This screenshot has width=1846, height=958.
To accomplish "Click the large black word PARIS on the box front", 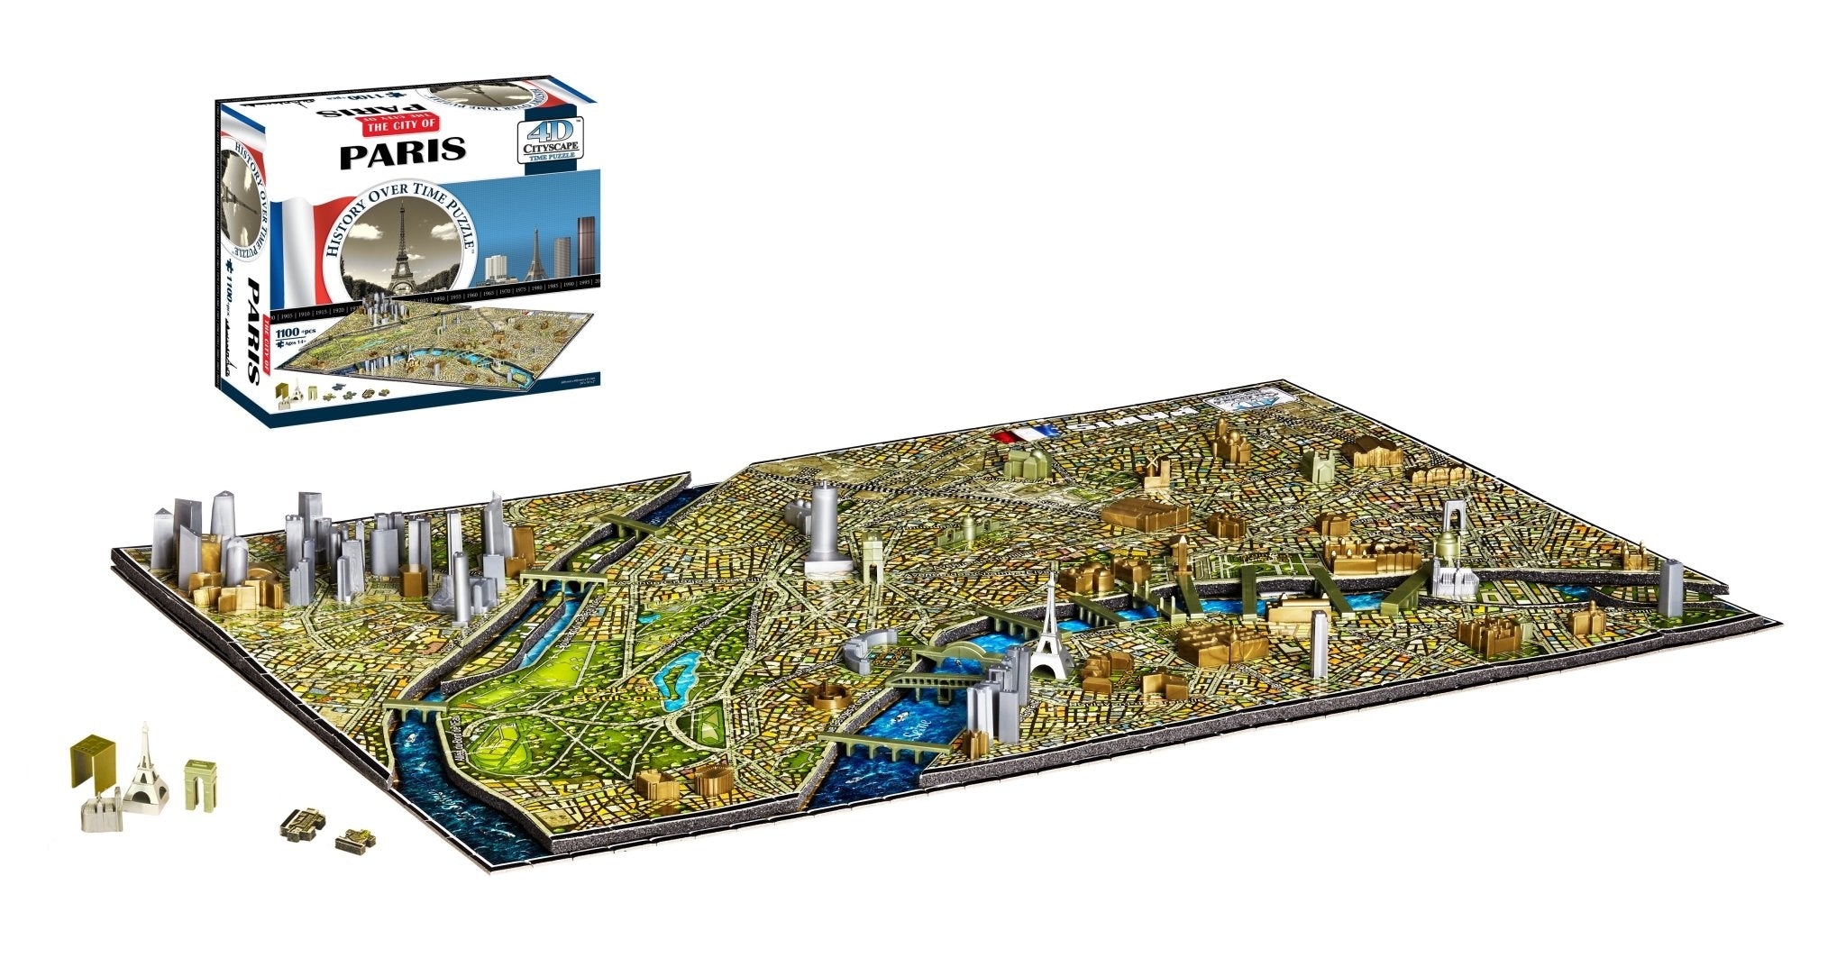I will click(x=402, y=151).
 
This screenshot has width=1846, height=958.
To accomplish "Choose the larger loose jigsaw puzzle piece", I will click(x=302, y=819).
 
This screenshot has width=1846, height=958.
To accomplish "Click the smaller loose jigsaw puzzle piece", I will click(x=354, y=843).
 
